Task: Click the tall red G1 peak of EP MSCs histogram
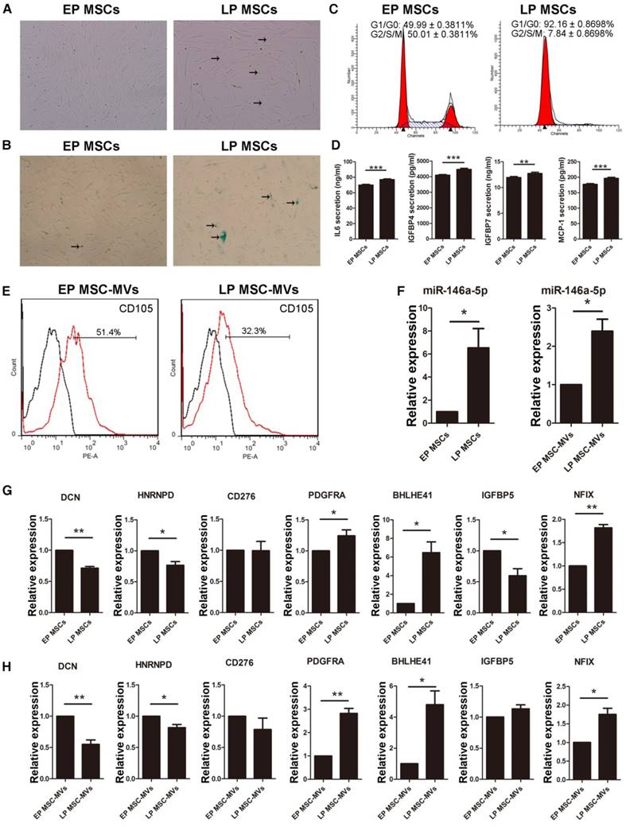(x=402, y=80)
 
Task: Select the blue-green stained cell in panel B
(x=224, y=236)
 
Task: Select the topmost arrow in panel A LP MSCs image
(x=263, y=39)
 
